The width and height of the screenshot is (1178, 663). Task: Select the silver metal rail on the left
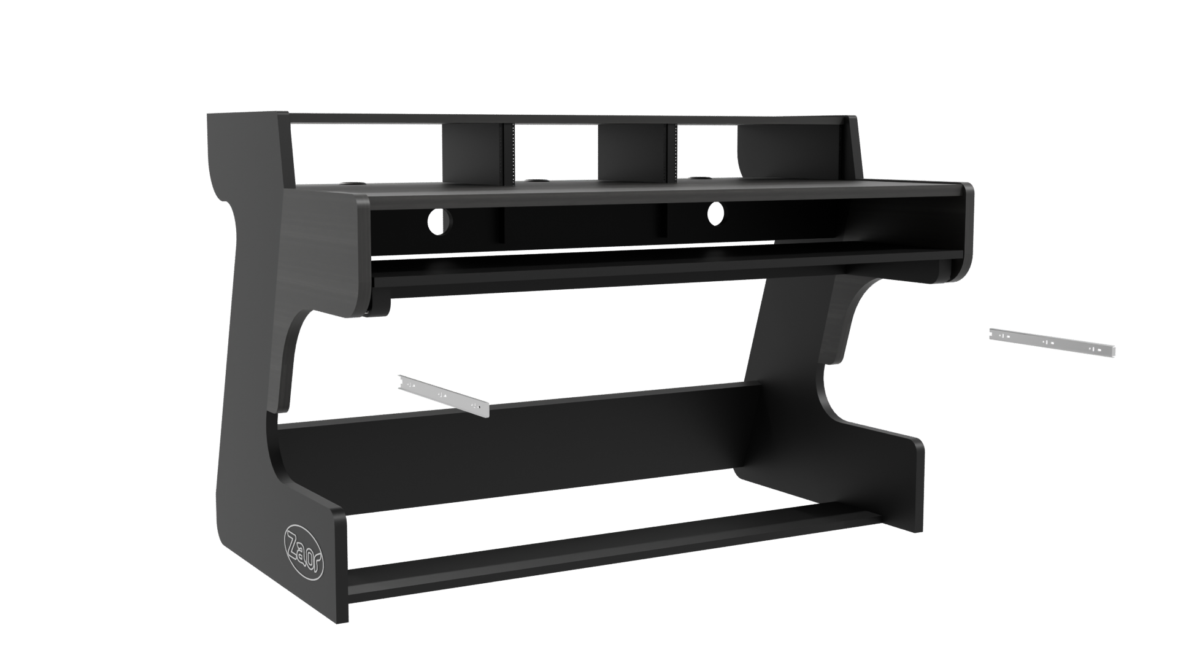(x=444, y=396)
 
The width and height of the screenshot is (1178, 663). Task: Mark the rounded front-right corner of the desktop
(x=967, y=193)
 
